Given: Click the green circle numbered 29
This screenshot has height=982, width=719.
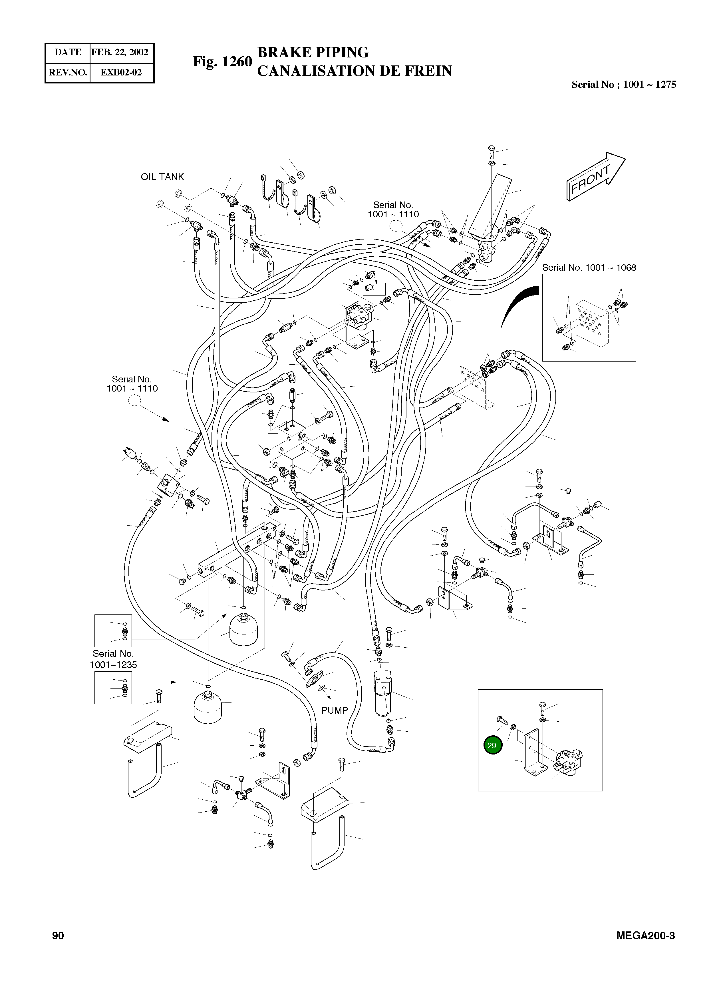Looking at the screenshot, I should (x=493, y=745).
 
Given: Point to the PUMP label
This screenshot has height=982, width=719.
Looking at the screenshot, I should (x=334, y=710).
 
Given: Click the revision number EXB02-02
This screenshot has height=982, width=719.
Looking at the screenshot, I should (x=121, y=72).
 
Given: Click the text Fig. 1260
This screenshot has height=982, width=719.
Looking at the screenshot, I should (x=222, y=61).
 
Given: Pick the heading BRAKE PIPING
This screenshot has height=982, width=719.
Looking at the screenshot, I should (x=313, y=52).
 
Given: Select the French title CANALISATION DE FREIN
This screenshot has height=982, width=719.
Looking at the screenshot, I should (x=354, y=71).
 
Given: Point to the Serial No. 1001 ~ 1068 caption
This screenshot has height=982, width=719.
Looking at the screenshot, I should (x=589, y=268).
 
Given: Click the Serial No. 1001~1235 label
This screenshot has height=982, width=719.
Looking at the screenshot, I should (x=113, y=659).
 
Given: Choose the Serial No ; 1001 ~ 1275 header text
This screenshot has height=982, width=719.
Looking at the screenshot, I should (x=623, y=85).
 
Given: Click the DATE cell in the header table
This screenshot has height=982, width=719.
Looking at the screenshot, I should (x=68, y=52).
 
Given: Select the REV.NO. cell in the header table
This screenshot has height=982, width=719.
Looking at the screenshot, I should (x=68, y=72).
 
